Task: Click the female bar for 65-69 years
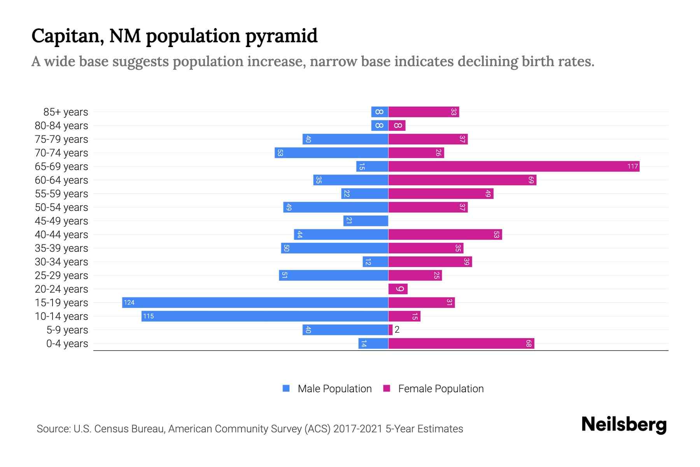point(513,167)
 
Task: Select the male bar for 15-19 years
point(255,303)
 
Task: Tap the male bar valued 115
point(264,316)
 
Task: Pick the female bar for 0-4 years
point(461,344)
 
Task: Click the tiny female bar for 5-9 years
point(390,330)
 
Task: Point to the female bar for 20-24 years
point(398,289)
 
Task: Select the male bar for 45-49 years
point(366,221)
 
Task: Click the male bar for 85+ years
point(380,112)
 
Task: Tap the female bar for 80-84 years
point(397,126)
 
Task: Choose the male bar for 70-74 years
point(331,153)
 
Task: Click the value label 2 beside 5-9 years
point(397,330)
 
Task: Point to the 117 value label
point(632,167)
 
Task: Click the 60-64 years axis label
point(61,180)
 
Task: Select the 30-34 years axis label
point(61,262)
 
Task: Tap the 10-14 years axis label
point(61,316)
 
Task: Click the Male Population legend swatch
point(286,388)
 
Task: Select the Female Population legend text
point(441,389)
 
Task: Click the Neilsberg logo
point(624,425)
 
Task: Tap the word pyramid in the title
point(281,36)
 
